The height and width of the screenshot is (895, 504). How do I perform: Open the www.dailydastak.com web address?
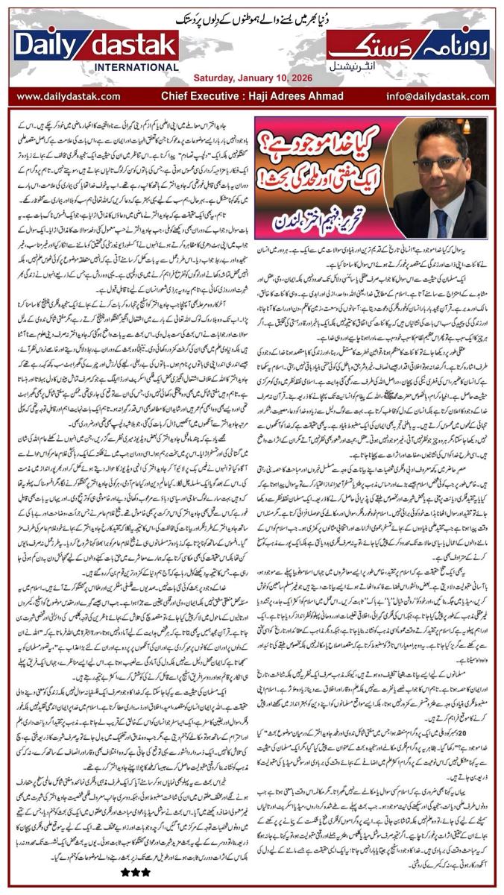(x=69, y=96)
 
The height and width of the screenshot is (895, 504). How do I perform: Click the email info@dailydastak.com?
(x=441, y=96)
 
